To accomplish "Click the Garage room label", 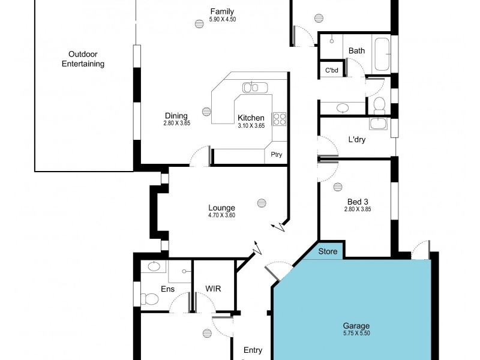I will [x=356, y=326].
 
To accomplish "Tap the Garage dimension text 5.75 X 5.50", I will [x=356, y=333].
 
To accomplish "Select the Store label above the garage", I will [x=328, y=251].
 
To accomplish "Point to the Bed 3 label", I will [x=358, y=202].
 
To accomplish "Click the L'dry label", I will [x=357, y=140].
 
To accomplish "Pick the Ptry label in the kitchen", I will [x=276, y=155].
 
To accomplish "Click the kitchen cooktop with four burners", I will [x=280, y=119].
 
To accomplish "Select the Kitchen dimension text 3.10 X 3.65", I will [x=251, y=125].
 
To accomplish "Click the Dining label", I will [x=176, y=116].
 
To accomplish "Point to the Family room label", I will [x=222, y=11].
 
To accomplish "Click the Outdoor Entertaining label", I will [x=83, y=59].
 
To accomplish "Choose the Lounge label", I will [x=221, y=208].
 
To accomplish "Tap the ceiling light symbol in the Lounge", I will [x=261, y=202].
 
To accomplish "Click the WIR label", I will [x=213, y=289].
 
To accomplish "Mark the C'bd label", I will [x=332, y=70].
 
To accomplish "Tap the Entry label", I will [x=253, y=350].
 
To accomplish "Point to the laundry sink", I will [x=378, y=124].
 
